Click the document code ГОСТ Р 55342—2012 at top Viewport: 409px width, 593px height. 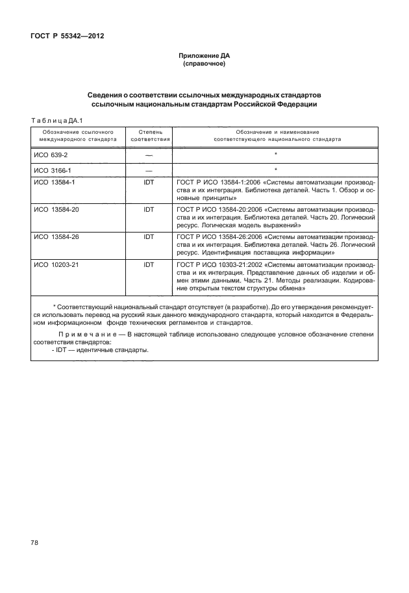68,36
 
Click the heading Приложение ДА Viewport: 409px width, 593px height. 204,57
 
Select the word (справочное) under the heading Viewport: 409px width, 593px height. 204,65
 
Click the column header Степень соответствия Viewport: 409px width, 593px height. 151,135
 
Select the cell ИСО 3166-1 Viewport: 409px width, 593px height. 52,171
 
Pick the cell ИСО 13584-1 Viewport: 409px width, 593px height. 55,183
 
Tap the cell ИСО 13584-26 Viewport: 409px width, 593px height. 56,238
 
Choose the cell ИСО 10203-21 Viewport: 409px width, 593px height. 56,265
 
